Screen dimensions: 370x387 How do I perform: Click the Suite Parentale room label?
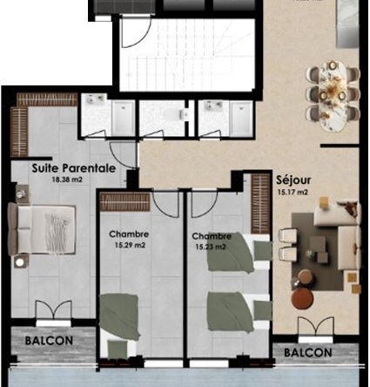(74, 168)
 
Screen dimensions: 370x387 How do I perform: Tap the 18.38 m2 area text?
(67, 180)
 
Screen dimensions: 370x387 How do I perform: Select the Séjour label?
(293, 180)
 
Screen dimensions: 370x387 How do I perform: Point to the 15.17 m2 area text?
(293, 193)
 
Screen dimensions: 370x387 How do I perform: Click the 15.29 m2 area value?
(130, 246)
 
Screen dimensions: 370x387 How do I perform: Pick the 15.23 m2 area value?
(211, 248)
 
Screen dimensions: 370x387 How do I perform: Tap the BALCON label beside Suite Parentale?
(49, 341)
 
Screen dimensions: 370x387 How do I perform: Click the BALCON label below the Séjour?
(308, 353)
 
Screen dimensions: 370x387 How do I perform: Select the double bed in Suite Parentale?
(43, 229)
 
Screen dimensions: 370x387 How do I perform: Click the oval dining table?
(333, 97)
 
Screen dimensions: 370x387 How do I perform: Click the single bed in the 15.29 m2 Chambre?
(118, 325)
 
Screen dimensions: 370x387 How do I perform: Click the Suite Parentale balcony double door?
(54, 310)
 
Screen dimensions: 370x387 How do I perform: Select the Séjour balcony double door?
(316, 327)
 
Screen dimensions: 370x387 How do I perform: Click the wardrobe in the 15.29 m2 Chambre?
(125, 201)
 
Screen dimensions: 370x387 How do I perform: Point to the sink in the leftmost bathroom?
(94, 98)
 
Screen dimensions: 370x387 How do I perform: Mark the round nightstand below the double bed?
(20, 262)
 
